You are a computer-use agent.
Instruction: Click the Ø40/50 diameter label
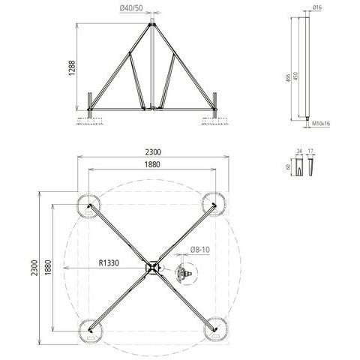(x=131, y=8)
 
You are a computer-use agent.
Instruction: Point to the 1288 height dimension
(x=72, y=68)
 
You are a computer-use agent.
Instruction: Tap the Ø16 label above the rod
(x=317, y=7)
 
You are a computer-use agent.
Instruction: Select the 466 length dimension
(x=288, y=78)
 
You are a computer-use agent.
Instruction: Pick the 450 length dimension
(x=295, y=76)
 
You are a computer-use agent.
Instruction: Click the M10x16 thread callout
(x=321, y=123)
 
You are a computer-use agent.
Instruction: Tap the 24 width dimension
(x=299, y=151)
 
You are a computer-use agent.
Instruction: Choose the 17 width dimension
(x=310, y=151)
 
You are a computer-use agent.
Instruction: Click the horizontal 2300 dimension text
(x=153, y=152)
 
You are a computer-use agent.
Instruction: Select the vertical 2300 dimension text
(x=34, y=268)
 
